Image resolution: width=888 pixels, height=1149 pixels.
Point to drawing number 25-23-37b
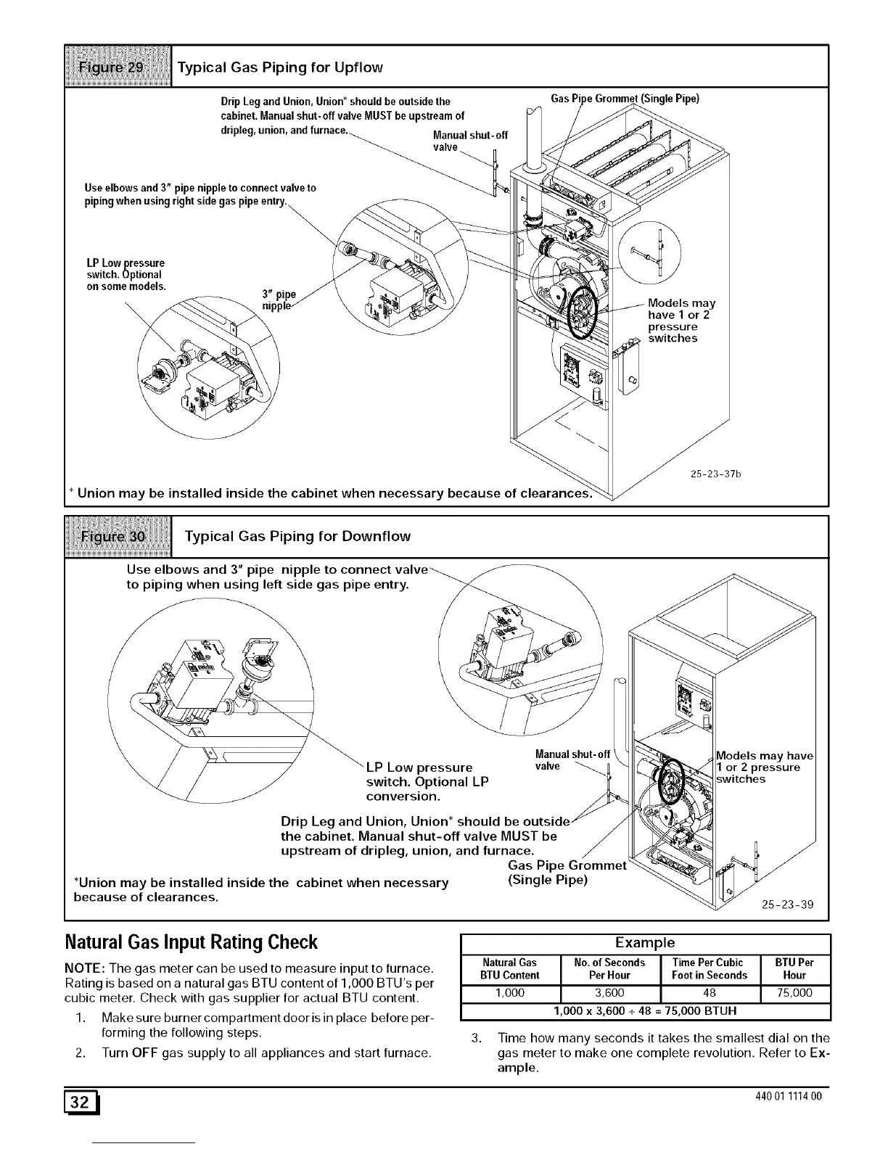(x=714, y=475)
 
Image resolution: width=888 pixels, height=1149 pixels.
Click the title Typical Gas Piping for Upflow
(x=280, y=67)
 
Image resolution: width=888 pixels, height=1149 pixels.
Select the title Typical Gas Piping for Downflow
(x=297, y=536)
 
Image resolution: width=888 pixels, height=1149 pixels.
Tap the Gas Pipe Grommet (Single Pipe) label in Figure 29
(x=625, y=99)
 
